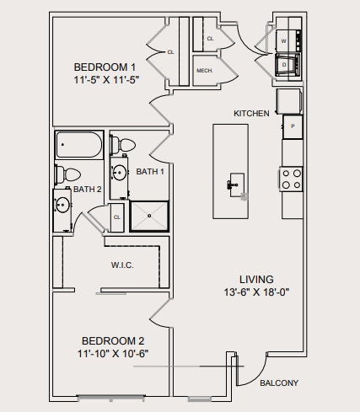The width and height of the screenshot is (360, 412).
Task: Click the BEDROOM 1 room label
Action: [105, 67]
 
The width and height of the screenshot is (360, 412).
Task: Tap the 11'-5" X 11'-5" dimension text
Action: [105, 79]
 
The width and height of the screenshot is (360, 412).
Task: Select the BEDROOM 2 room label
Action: [113, 340]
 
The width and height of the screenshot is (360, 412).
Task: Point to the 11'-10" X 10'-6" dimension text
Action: [113, 353]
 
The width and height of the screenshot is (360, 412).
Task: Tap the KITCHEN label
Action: [251, 113]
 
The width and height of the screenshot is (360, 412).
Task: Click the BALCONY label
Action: [278, 383]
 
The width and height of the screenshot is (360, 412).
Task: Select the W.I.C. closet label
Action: [122, 265]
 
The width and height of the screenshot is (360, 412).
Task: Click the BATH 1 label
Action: [150, 171]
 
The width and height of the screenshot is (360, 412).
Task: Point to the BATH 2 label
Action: [87, 190]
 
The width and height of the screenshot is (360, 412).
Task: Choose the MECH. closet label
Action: [203, 71]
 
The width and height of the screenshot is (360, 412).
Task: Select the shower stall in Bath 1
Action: [150, 216]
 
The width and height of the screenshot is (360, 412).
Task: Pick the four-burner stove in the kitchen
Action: [292, 179]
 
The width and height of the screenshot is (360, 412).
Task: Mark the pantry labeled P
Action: [292, 126]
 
